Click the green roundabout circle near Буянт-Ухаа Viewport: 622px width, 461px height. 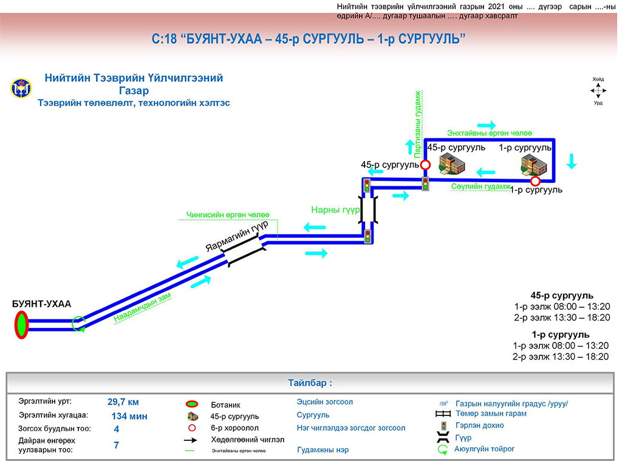pos(78,324)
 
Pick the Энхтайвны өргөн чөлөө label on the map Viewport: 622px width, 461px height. pos(490,132)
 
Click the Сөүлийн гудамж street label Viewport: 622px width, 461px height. pos(481,187)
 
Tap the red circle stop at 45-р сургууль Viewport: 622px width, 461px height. pos(425,165)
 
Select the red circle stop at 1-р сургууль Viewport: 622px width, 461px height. pos(535,181)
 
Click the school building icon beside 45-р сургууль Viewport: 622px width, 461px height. pos(451,164)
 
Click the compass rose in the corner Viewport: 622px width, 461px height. pos(598,91)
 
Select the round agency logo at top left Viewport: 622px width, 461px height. pos(19,89)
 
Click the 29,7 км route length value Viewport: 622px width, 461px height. pos(123,401)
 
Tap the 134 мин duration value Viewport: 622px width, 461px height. pos(129,417)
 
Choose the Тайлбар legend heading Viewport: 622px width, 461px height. pos(310,383)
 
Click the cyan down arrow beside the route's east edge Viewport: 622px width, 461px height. pos(572,162)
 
